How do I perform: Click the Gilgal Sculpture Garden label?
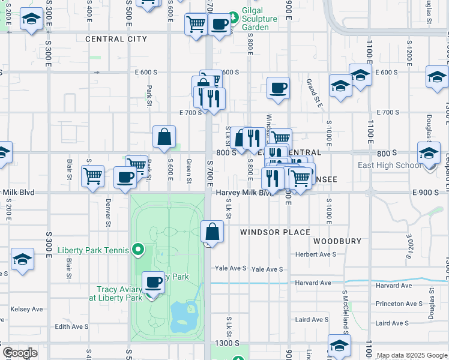click(x=259, y=19)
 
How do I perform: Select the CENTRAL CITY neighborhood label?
click(x=116, y=39)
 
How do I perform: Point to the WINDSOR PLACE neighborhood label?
click(x=275, y=232)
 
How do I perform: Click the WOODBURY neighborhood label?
click(x=337, y=241)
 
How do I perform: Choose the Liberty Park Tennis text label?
click(x=93, y=250)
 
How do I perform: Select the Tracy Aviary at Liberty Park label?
click(x=115, y=293)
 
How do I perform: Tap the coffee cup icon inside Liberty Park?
click(x=154, y=281)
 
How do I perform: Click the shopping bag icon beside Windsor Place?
click(x=212, y=231)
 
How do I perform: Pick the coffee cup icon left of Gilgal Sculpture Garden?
click(x=220, y=24)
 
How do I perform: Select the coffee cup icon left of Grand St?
click(x=278, y=88)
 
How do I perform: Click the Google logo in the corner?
click(x=20, y=353)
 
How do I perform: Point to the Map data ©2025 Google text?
click(x=412, y=355)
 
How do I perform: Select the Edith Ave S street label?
click(x=71, y=326)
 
